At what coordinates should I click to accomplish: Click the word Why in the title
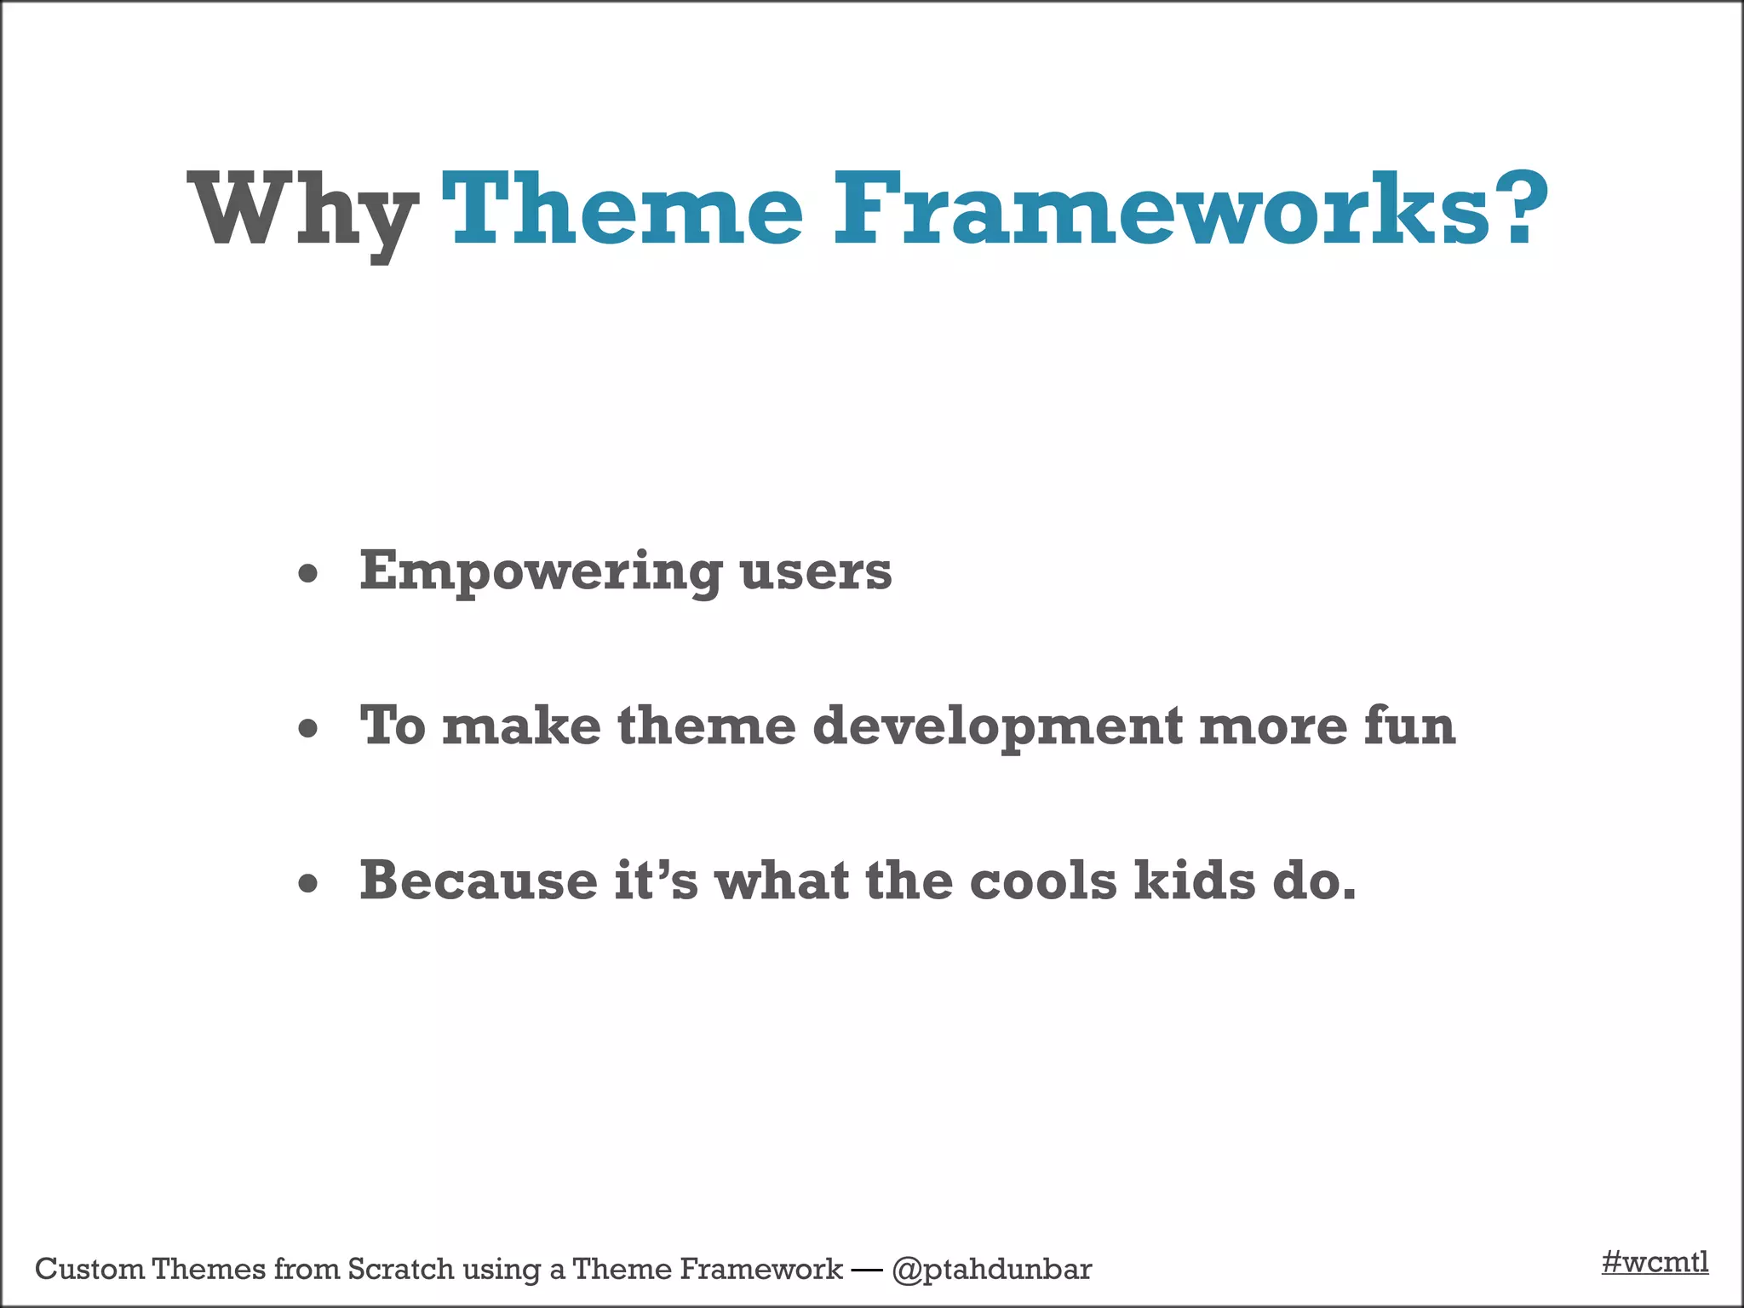point(302,211)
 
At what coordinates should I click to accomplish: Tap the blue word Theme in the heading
point(622,209)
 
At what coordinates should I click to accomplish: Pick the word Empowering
point(541,571)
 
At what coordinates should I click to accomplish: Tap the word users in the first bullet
point(816,571)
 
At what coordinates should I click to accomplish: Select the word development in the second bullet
point(997,727)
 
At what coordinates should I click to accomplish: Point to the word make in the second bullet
point(521,726)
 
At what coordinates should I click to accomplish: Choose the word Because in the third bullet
point(479,881)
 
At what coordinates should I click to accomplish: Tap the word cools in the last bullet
point(1043,881)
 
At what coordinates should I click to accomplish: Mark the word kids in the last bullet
point(1195,881)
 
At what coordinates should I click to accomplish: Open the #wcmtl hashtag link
point(1655,1261)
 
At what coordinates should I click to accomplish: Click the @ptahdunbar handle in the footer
point(991,1270)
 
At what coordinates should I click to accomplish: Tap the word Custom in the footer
point(89,1269)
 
